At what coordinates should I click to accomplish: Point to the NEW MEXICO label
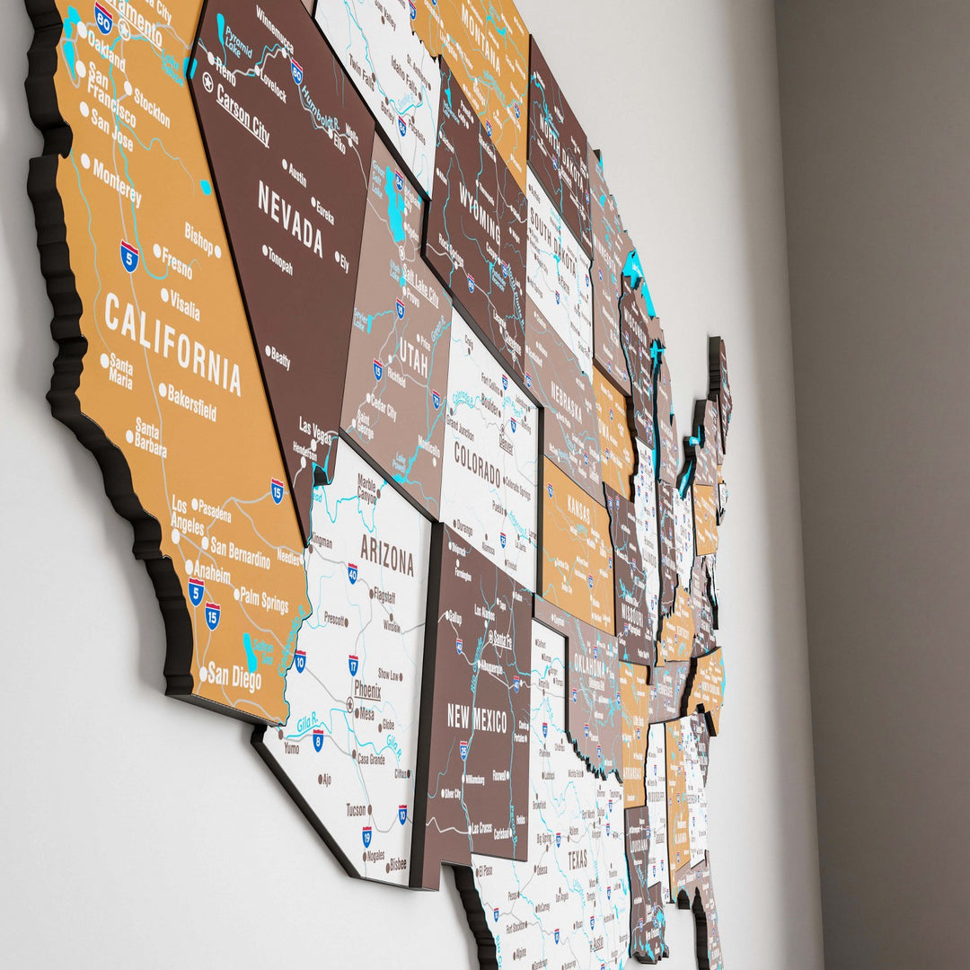477,718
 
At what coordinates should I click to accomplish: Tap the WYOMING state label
480,207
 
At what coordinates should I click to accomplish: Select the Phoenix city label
367,690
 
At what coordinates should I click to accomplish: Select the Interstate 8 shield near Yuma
318,740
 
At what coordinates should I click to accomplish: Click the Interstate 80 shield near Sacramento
104,18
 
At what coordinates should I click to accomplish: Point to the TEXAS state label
578,859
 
